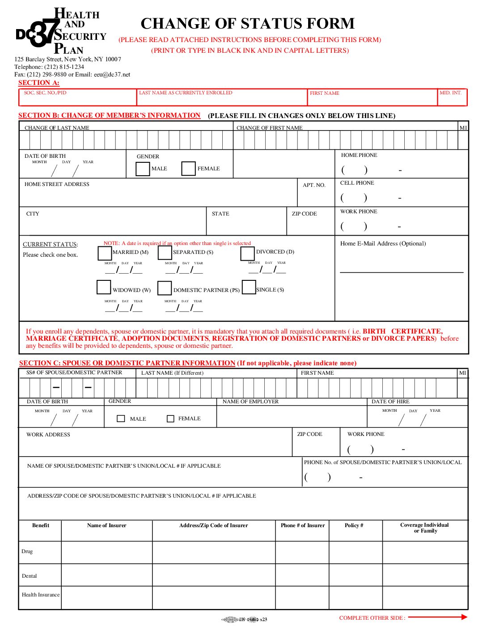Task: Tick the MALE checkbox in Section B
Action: (x=143, y=169)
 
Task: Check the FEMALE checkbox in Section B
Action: (x=188, y=169)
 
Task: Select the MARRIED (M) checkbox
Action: (x=105, y=253)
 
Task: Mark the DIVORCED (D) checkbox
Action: (x=247, y=253)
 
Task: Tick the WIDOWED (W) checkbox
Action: (x=104, y=287)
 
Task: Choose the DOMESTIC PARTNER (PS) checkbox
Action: (x=165, y=288)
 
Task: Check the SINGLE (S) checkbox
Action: (x=249, y=287)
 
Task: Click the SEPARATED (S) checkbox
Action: (x=165, y=253)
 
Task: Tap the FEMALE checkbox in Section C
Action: (x=170, y=419)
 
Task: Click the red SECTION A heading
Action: (x=38, y=83)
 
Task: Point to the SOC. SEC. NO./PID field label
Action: (x=45, y=93)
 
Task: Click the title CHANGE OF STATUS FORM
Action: (x=248, y=23)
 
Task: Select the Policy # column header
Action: (x=354, y=525)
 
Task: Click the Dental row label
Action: (x=30, y=576)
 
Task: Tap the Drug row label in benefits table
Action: (x=27, y=551)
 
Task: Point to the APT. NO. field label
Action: (x=314, y=185)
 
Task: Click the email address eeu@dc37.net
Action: (x=112, y=75)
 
